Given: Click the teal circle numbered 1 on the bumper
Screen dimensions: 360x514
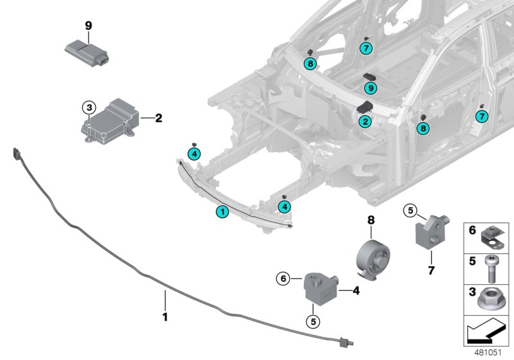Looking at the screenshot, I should [x=222, y=211].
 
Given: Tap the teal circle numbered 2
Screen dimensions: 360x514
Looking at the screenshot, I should [x=364, y=121].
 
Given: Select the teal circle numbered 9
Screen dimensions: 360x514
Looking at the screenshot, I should [x=372, y=88].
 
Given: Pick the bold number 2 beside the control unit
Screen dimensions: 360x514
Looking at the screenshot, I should [x=158, y=118].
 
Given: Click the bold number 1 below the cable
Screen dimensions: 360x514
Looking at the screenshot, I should [x=164, y=316].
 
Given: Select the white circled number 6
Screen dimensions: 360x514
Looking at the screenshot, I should [x=281, y=278].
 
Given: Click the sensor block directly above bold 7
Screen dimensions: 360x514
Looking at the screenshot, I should [x=430, y=230].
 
